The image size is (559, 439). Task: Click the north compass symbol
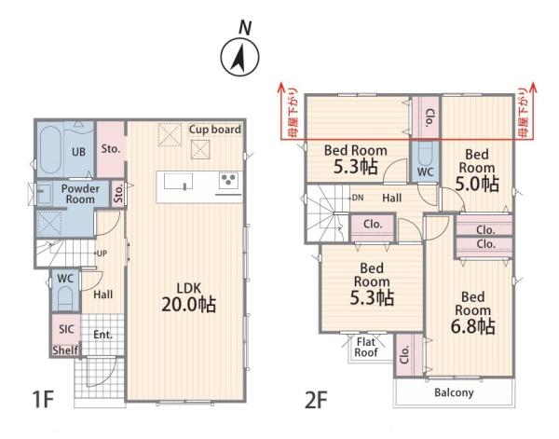point(240,57)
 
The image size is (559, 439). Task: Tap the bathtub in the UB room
point(49,150)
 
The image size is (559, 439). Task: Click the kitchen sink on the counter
point(178,182)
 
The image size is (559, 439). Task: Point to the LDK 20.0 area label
point(189,298)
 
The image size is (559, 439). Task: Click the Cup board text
point(215,130)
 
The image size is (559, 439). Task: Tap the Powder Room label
point(80,194)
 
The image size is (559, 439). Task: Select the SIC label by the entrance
point(66,329)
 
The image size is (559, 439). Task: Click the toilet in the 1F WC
point(65,298)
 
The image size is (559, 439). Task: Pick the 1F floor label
point(43,399)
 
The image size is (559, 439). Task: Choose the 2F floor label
point(316,400)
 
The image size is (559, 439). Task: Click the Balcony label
point(454,392)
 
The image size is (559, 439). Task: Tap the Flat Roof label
point(366,347)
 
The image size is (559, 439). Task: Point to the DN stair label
point(358,198)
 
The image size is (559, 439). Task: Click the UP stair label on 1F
point(102,254)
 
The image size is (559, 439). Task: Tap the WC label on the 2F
point(426,171)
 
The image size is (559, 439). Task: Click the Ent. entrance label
point(103,335)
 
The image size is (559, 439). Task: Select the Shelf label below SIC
point(65,350)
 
